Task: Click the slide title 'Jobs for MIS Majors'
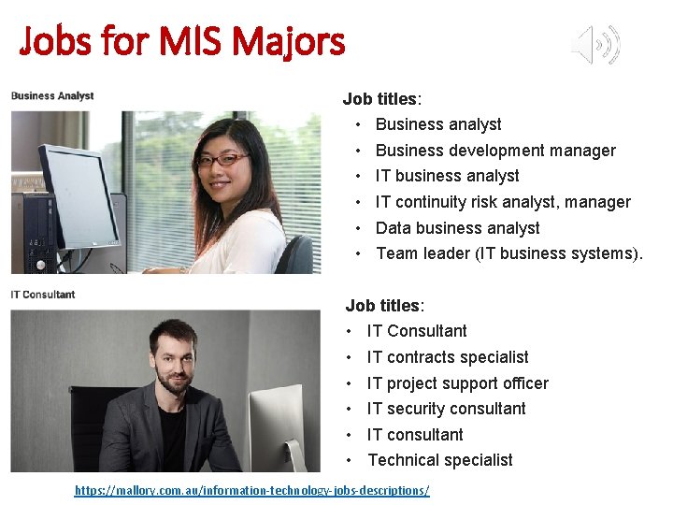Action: tap(182, 41)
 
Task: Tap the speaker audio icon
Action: tap(596, 44)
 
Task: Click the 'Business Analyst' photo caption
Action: tap(52, 95)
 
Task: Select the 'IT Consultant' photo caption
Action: tap(43, 295)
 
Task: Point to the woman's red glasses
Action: tap(222, 160)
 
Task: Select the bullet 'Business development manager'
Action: tap(495, 151)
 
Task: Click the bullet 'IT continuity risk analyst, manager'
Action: tap(503, 202)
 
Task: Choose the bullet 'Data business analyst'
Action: tap(457, 228)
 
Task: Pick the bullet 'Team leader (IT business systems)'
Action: tap(509, 253)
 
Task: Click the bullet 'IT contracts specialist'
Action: tap(448, 357)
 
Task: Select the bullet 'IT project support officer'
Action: tap(457, 383)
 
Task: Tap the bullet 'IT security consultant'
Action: tap(446, 409)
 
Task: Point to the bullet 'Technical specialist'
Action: tap(439, 460)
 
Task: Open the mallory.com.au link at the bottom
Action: tap(252, 490)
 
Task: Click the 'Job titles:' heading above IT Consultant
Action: tap(384, 306)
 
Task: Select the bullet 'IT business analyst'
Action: tap(447, 176)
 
